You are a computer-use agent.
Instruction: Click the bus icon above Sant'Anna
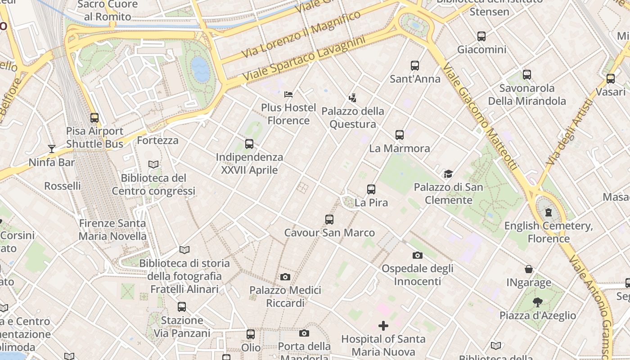tap(415, 66)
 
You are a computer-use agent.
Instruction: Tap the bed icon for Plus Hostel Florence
tap(288, 94)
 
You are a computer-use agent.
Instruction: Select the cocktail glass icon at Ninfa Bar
tap(52, 149)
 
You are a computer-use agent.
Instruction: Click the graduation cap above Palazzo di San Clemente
tap(448, 174)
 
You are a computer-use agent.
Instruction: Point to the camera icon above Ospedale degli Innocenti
tap(418, 256)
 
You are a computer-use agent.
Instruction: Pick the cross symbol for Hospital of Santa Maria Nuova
tap(383, 325)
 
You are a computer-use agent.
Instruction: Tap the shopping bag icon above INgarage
tap(529, 270)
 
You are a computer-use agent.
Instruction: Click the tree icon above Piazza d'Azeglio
tap(537, 302)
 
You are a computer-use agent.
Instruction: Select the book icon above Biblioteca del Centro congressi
tap(153, 165)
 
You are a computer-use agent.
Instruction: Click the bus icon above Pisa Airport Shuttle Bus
tap(94, 118)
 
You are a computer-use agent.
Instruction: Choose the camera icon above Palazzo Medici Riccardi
tap(285, 277)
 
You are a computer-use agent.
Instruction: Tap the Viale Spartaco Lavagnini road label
tap(304, 59)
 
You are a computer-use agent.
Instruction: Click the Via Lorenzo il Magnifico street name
tap(301, 34)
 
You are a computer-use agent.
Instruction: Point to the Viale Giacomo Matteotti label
tap(479, 117)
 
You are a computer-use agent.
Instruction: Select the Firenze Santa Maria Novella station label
tap(112, 229)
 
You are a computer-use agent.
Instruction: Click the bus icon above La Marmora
tap(400, 135)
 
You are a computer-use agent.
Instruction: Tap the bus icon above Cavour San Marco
tap(329, 220)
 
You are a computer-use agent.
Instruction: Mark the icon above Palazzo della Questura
tap(352, 98)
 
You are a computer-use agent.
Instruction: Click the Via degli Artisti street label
tap(569, 133)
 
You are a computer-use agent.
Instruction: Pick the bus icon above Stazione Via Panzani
tap(182, 307)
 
